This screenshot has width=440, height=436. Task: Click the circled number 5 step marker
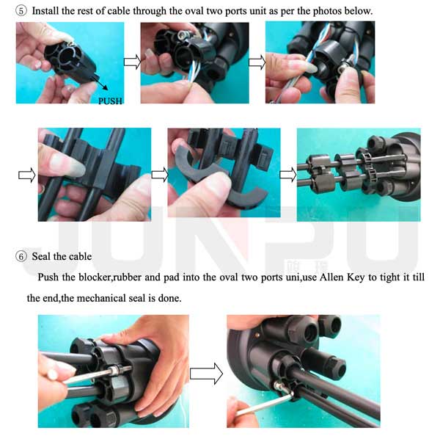click(x=21, y=11)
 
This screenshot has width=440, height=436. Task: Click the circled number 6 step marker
click(x=21, y=256)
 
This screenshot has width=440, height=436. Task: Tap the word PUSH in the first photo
click(x=111, y=101)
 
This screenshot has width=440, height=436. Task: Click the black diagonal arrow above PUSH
click(x=100, y=83)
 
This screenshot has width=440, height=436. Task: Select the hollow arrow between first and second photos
click(x=132, y=62)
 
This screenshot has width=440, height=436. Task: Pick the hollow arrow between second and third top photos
click(x=257, y=62)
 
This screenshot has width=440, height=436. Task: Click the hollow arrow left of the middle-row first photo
click(x=27, y=175)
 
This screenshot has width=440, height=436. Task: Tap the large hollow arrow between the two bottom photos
click(x=207, y=374)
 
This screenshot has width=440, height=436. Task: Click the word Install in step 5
click(x=45, y=11)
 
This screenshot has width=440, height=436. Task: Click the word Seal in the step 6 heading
click(x=41, y=256)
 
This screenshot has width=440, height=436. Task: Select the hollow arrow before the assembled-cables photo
click(x=288, y=175)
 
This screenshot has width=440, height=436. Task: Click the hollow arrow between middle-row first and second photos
click(x=160, y=175)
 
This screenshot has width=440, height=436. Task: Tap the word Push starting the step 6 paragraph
click(x=48, y=277)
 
